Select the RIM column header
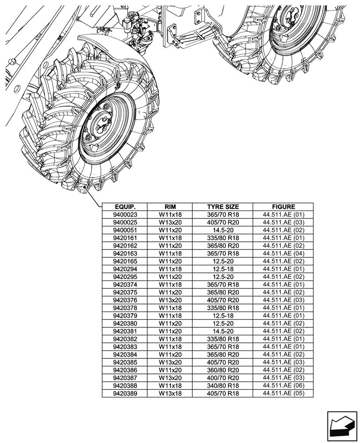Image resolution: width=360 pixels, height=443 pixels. click(x=170, y=207)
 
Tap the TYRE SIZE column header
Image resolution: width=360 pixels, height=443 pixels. click(x=223, y=207)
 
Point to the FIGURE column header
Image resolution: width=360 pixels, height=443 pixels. click(x=283, y=207)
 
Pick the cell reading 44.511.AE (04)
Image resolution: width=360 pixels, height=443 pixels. click(x=283, y=253)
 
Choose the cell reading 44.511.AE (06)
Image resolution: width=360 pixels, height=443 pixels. click(x=283, y=385)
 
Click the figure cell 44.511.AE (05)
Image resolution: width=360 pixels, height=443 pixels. click(x=283, y=393)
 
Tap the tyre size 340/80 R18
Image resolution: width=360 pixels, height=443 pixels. click(x=223, y=385)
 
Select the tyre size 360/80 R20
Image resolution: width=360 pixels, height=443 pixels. click(x=223, y=370)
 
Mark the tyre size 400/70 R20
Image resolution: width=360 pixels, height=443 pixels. click(x=223, y=377)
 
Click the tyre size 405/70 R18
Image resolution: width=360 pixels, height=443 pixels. click(x=223, y=393)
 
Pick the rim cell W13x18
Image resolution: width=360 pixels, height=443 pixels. click(x=170, y=393)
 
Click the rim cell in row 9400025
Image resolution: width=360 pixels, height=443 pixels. click(x=170, y=222)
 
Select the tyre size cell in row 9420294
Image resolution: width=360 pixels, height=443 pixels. click(x=223, y=269)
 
